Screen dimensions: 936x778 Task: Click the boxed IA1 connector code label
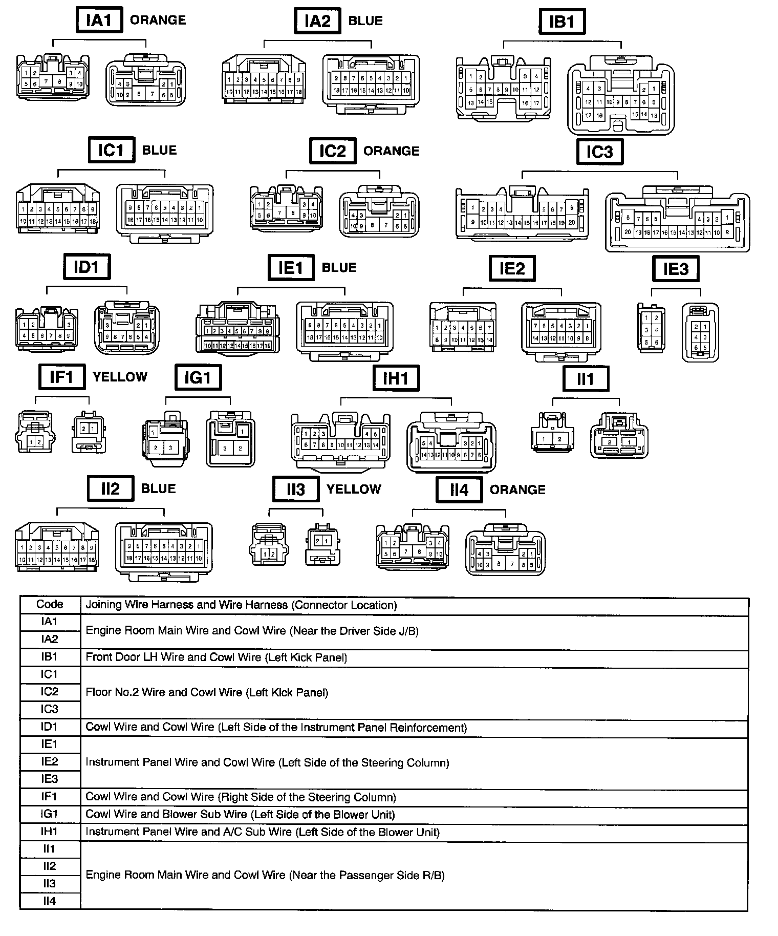pyautogui.click(x=99, y=21)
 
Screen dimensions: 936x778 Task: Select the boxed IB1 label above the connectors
pyautogui.click(x=562, y=22)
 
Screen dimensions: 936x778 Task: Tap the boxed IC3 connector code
pyautogui.click(x=599, y=152)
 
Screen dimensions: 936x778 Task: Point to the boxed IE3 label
pyautogui.click(x=676, y=269)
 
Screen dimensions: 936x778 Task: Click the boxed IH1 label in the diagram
pyautogui.click(x=396, y=378)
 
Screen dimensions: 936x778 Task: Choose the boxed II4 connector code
pyautogui.click(x=459, y=490)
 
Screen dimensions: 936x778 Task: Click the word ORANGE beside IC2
pyautogui.click(x=391, y=151)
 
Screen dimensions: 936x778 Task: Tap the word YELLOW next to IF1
pyautogui.click(x=120, y=377)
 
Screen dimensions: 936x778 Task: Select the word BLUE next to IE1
pyautogui.click(x=339, y=267)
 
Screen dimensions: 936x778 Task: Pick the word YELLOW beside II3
pyautogui.click(x=354, y=489)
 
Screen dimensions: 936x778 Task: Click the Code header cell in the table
pyautogui.click(x=50, y=604)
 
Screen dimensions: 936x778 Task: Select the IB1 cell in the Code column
pyautogui.click(x=50, y=657)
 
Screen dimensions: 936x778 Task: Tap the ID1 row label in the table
pyautogui.click(x=50, y=727)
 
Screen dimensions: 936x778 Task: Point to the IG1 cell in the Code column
pyautogui.click(x=50, y=814)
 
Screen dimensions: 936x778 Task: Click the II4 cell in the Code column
pyautogui.click(x=50, y=901)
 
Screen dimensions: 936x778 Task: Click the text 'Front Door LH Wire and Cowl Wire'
pyautogui.click(x=173, y=657)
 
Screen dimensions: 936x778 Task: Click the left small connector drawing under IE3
pyautogui.click(x=651, y=328)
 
